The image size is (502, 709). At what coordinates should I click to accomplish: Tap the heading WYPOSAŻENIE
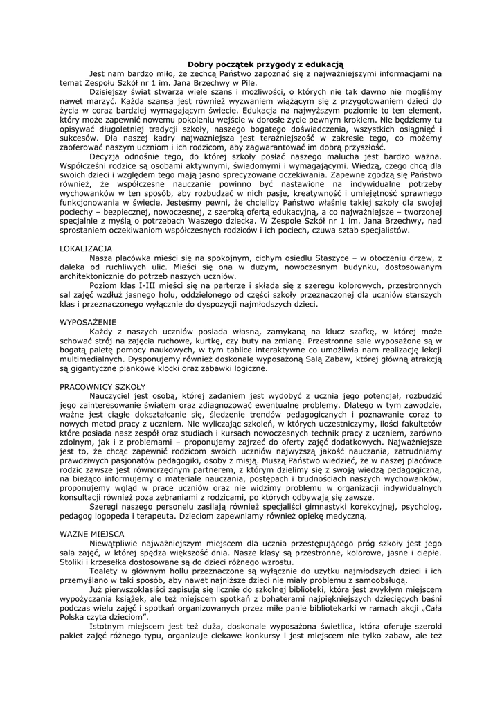point(87,322)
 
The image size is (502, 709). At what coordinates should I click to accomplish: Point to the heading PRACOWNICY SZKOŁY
point(102,386)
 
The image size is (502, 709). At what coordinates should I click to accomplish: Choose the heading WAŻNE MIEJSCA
point(91,534)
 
